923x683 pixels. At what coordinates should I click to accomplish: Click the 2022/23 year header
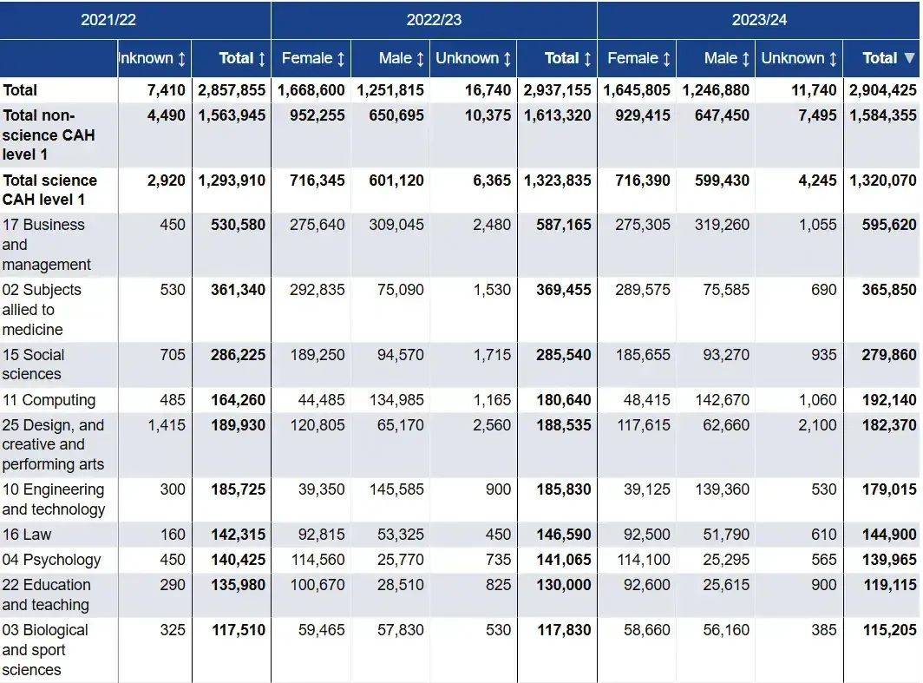[434, 19]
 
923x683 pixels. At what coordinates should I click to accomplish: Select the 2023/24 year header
[759, 19]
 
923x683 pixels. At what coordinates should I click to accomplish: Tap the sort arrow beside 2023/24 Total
[909, 58]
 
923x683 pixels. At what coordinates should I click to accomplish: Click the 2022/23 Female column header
[313, 58]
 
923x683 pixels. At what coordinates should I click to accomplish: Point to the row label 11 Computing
[49, 400]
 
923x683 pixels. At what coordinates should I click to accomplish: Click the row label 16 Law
[27, 535]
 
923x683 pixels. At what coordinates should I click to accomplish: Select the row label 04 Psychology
[51, 560]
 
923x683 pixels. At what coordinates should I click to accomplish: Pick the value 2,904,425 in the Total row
[882, 90]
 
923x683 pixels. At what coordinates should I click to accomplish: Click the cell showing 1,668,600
[311, 90]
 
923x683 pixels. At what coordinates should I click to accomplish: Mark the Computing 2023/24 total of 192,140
[889, 400]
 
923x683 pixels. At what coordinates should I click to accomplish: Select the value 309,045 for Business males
[396, 225]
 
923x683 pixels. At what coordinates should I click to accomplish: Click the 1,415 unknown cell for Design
[167, 425]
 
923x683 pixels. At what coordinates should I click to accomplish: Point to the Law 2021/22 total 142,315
[238, 535]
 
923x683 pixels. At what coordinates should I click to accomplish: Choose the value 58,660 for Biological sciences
[647, 630]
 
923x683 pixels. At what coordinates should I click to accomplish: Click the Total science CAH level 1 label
[49, 190]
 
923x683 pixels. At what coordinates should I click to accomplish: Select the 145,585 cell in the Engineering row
[396, 489]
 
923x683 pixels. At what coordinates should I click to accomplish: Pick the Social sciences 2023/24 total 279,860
[889, 355]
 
